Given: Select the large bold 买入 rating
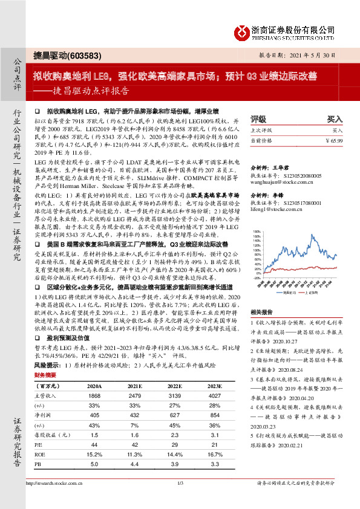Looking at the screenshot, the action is pyautogui.click(x=335, y=119).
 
